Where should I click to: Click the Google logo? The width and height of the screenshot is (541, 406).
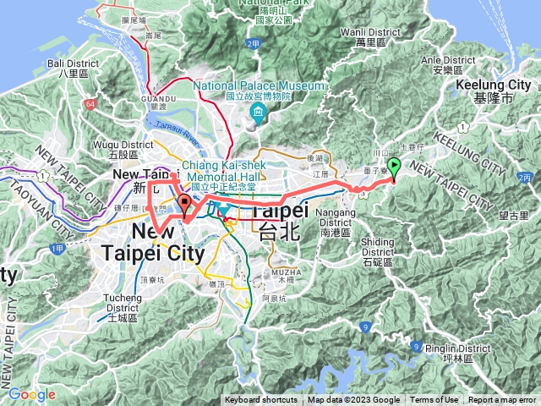coord(31,394)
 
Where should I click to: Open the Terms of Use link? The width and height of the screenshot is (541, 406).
coord(434,400)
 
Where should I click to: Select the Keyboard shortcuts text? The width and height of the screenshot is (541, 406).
coord(261,400)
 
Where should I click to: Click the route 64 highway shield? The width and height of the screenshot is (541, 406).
coord(91,103)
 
